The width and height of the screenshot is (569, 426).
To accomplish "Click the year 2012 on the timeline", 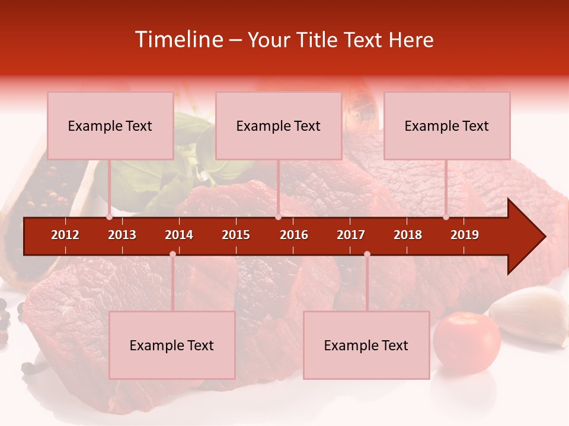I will pos(65,235).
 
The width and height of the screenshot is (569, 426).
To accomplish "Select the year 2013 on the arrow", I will pos(122,235).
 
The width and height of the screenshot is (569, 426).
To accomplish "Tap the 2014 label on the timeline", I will pos(179,235).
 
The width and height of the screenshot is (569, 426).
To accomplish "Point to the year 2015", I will pos(236,235).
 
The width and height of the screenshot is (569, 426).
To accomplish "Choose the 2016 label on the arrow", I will pos(294,235).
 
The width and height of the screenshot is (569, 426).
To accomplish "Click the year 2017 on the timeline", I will pos(351,235).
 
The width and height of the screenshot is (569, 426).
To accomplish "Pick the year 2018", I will pos(408,235).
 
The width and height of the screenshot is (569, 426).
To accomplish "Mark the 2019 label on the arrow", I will pos(465,235).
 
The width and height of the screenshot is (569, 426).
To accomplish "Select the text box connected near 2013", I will pos(110,125).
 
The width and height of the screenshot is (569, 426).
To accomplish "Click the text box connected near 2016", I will pos(279,125).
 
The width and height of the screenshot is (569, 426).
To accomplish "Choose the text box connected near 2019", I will pos(447,125).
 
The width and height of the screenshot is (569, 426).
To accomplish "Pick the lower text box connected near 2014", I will pos(172,345).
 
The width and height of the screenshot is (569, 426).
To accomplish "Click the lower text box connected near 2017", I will pos(366,345).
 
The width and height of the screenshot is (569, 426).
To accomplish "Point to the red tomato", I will pos(466,343).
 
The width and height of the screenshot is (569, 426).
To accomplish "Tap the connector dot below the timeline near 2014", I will pos(172,254).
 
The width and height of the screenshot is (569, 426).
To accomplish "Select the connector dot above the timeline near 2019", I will pos(446,217).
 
